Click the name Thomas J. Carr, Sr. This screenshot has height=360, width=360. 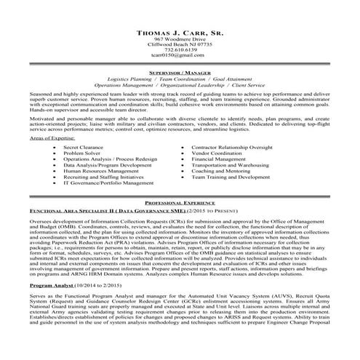tap(180, 35)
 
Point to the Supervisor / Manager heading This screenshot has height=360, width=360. tap(180, 74)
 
